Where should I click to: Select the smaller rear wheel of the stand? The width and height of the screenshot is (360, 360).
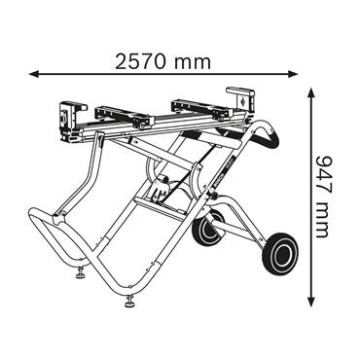[x=204, y=232]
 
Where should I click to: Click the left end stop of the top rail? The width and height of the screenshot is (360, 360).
[x=68, y=116]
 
